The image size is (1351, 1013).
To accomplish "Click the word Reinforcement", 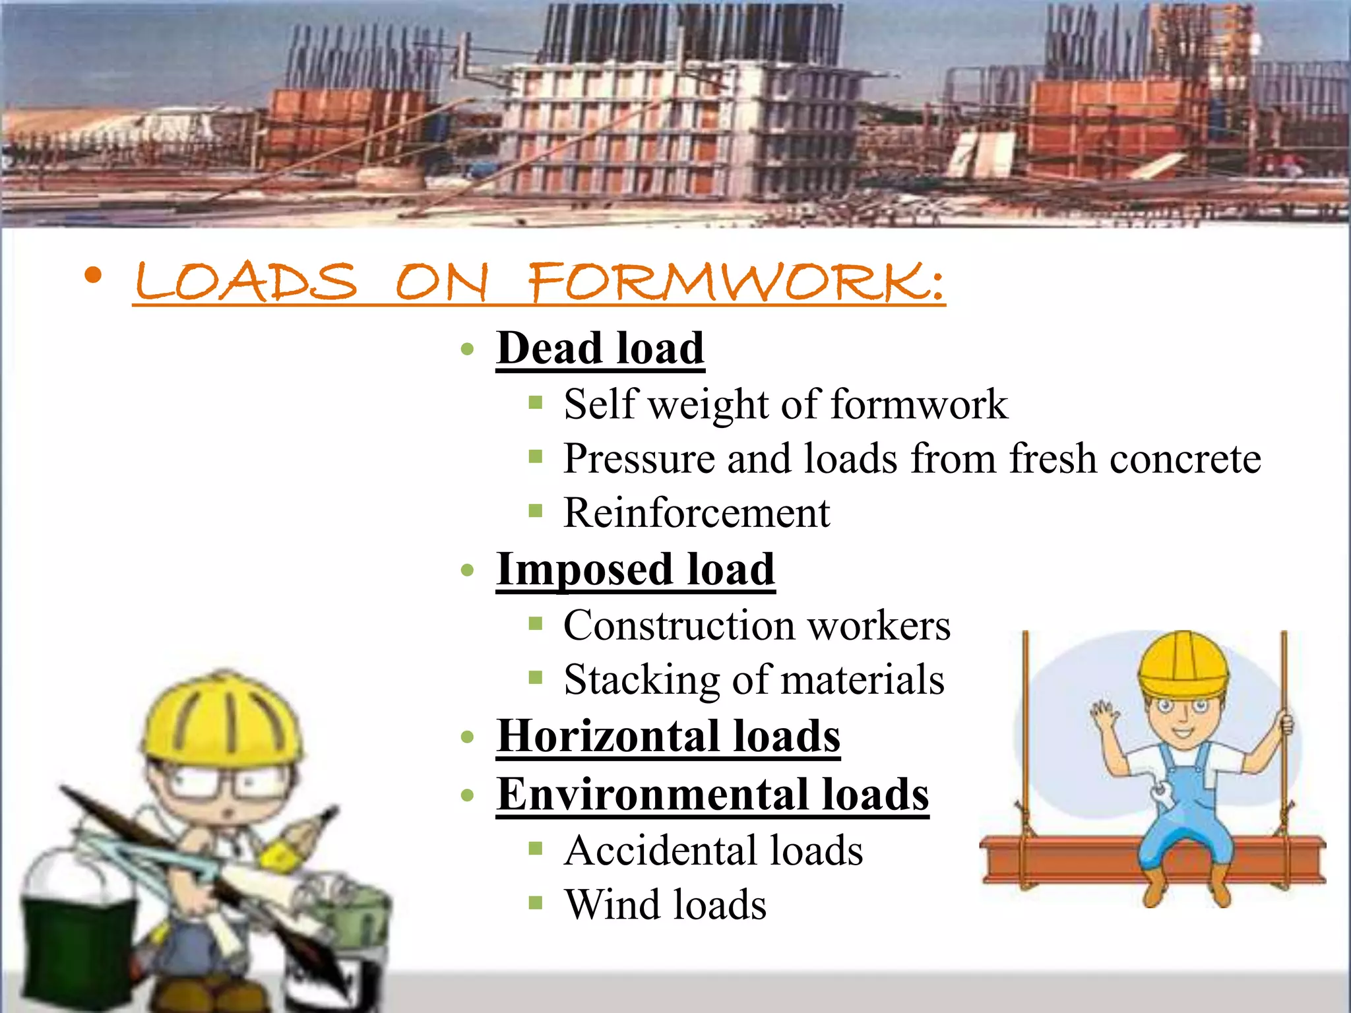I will [697, 512].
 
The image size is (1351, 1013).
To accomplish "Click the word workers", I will [879, 625].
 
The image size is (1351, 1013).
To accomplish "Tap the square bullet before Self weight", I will [535, 402].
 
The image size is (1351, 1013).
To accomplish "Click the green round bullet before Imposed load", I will [468, 570].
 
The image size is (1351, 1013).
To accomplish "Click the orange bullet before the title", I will [94, 276].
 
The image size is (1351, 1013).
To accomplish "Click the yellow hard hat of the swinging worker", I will [1183, 663].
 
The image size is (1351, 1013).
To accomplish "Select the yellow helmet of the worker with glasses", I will [221, 719].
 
